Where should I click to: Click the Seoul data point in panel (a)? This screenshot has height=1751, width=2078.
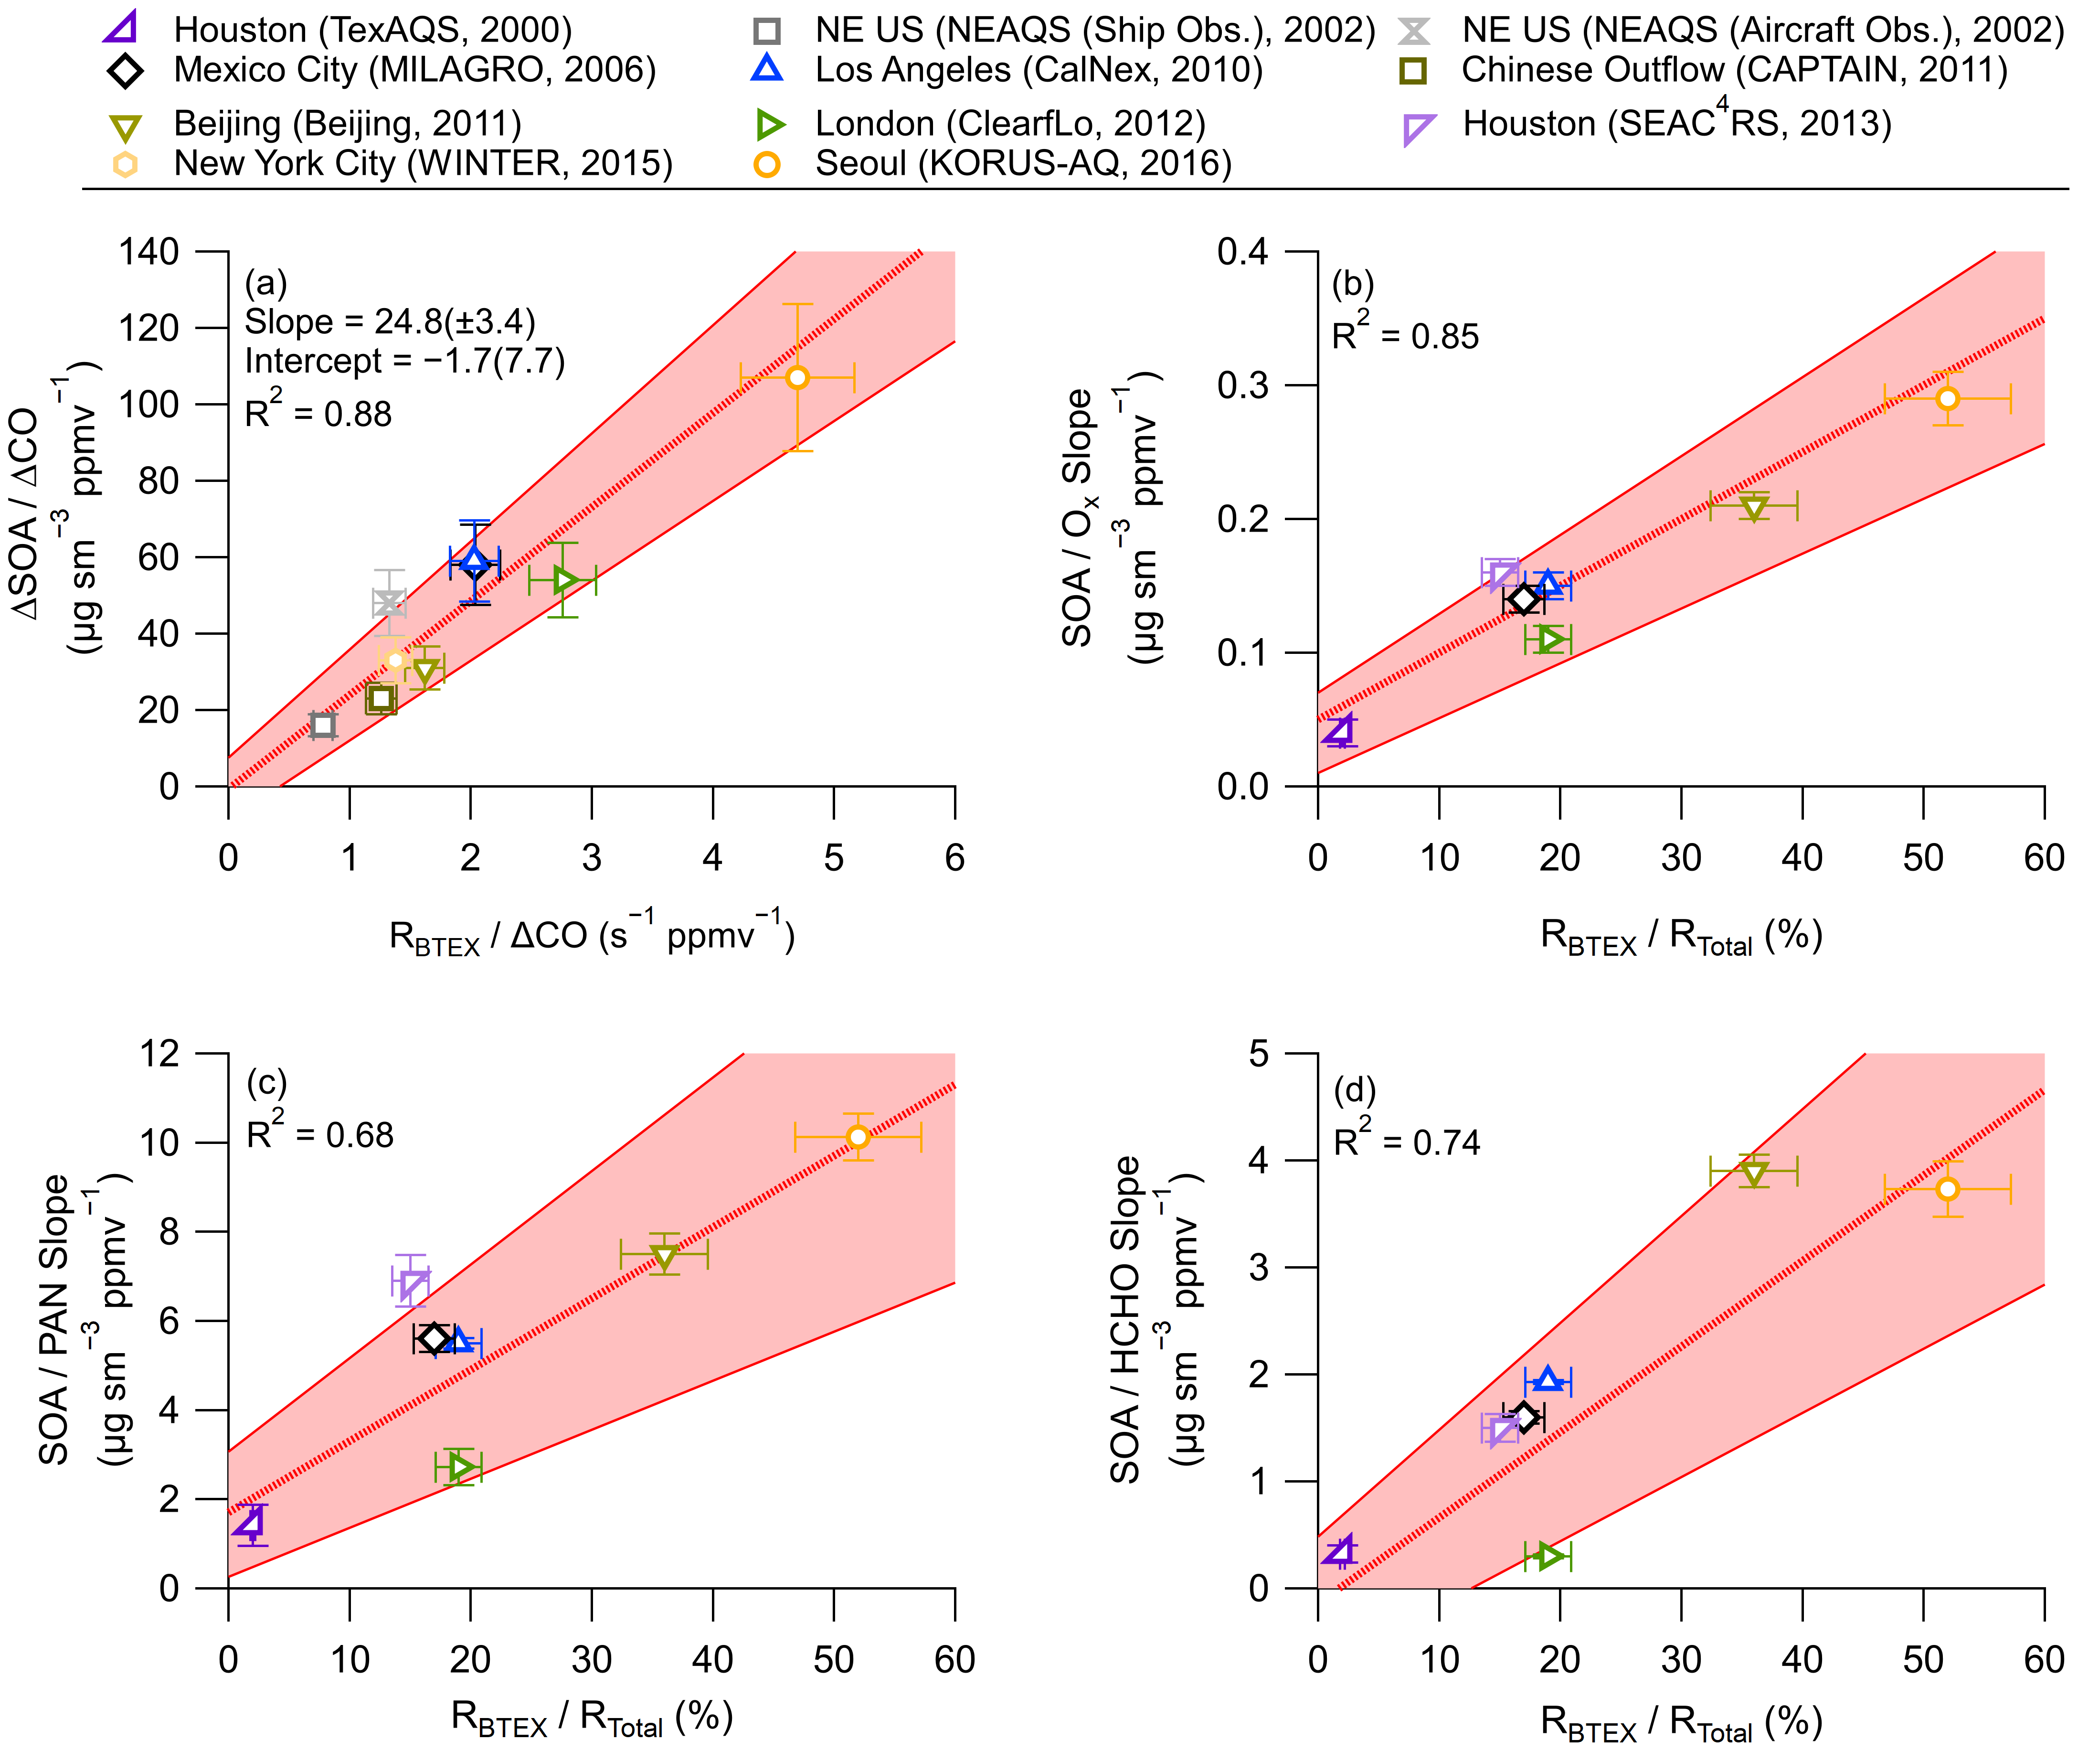pyautogui.click(x=797, y=377)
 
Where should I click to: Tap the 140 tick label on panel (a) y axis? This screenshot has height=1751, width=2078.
pyautogui.click(x=149, y=252)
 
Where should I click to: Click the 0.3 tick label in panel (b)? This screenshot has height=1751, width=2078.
pyautogui.click(x=1242, y=385)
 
